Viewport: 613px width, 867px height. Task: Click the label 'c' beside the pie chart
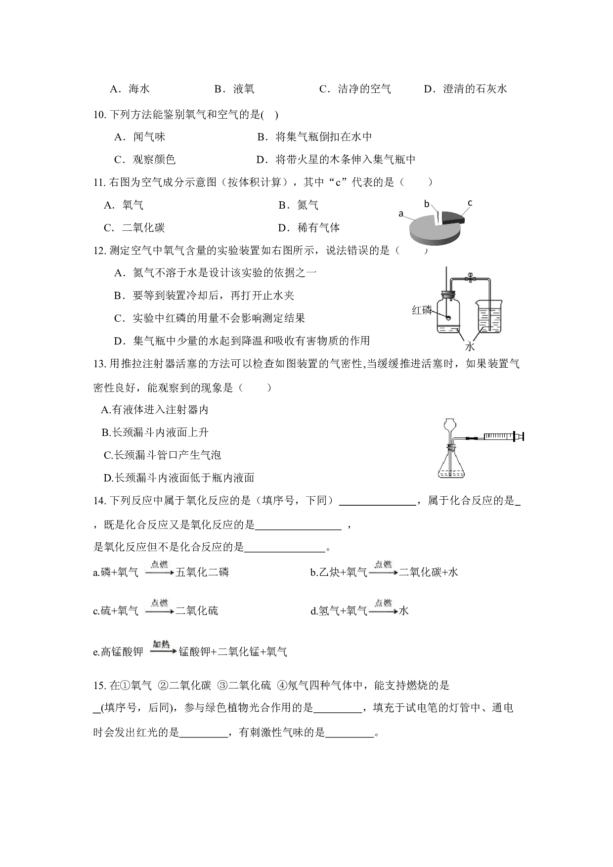pos(470,203)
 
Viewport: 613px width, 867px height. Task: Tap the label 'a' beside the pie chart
pos(401,214)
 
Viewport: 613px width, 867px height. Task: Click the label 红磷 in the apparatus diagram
pos(422,310)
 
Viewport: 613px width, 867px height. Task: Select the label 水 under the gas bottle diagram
pos(469,346)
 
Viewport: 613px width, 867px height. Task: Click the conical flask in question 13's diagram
pos(451,463)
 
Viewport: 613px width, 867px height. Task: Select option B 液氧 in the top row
pos(234,89)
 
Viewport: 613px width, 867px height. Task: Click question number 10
pos(99,115)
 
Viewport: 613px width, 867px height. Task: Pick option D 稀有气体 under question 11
pos(309,228)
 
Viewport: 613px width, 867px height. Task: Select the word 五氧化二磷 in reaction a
pos(202,572)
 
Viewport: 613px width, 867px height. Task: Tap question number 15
pos(99,686)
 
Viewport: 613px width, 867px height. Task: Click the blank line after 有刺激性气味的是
pos(350,737)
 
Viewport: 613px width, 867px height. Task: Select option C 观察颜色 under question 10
pos(145,160)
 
